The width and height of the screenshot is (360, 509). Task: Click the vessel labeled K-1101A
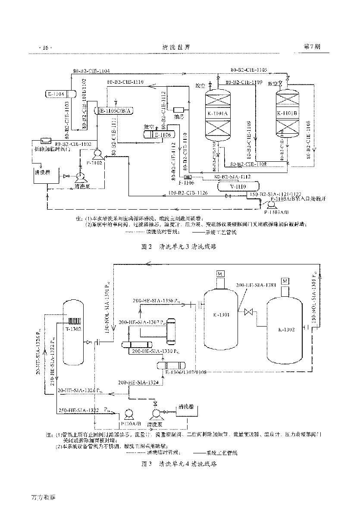[x=218, y=114]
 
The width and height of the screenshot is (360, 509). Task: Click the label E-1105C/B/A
[x=116, y=111]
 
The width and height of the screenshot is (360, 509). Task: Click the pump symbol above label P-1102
[x=97, y=153]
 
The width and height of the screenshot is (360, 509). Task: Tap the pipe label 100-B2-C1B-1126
[x=188, y=193]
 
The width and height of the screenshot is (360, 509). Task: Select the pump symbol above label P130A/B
[x=128, y=414]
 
